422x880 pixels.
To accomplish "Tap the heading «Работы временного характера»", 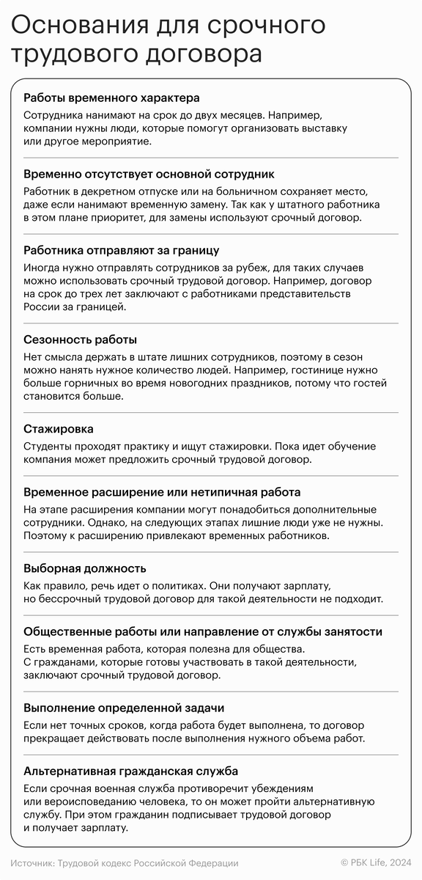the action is coord(111,98).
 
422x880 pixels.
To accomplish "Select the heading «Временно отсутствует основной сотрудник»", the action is coord(149,174).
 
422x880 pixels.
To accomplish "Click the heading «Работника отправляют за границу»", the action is coord(121,250).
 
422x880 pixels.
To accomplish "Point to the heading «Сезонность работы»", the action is coord(80,340).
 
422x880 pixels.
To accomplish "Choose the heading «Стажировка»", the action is coord(58,428).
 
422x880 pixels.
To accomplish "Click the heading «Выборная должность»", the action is coord(84,568).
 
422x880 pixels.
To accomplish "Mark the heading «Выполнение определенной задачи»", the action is coord(124,708).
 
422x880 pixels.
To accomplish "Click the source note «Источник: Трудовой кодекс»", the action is coord(125,863).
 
